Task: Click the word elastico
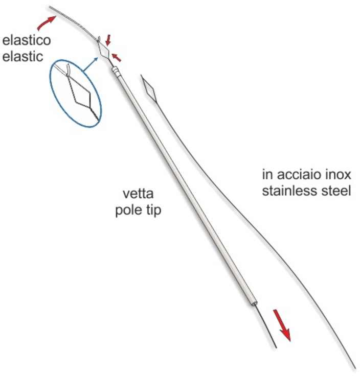pos(27,40)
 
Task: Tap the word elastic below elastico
pos(23,57)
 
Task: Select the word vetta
pos(138,194)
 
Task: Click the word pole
pos(128,210)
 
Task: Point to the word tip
pos(152,210)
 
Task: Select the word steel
pos(338,191)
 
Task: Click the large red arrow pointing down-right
pos(282,325)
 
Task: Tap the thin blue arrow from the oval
pos(90,64)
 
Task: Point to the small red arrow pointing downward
pos(108,40)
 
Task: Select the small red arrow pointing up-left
pos(117,58)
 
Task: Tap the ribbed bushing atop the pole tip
pos(116,71)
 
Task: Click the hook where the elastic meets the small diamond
pos(99,39)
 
